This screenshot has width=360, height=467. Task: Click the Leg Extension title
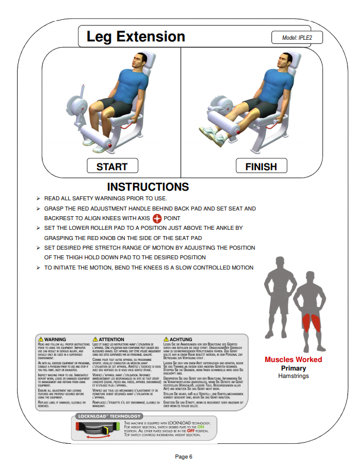pyautogui.click(x=136, y=37)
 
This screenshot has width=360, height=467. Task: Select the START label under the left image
pyautogui.click(x=112, y=166)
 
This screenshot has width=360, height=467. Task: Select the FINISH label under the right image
pyautogui.click(x=261, y=166)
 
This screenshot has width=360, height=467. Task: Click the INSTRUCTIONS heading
pyautogui.click(x=148, y=187)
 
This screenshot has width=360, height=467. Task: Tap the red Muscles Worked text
pyautogui.click(x=293, y=360)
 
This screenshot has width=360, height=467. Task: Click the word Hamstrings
pyautogui.click(x=293, y=376)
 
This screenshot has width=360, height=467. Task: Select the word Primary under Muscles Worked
pyautogui.click(x=293, y=368)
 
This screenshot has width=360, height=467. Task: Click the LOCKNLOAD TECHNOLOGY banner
pyautogui.click(x=110, y=416)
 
